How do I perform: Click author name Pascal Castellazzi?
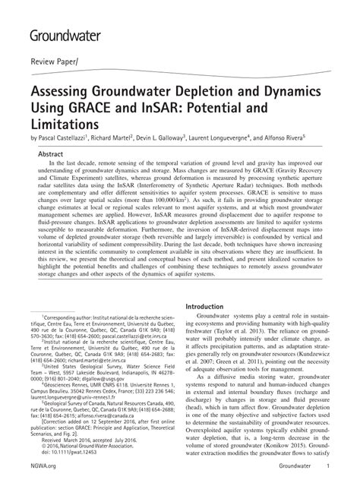click(62, 139)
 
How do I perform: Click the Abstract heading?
click(52, 153)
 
